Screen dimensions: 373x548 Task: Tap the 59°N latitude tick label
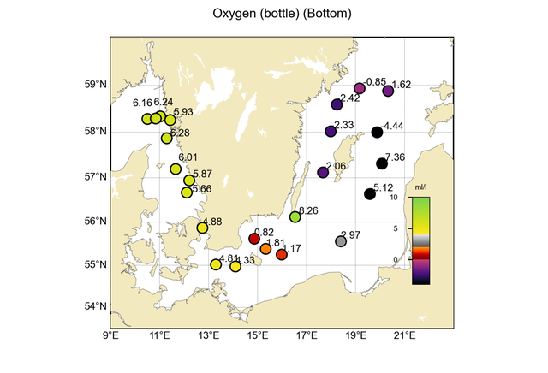point(95,85)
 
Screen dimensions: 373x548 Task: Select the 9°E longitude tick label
point(110,335)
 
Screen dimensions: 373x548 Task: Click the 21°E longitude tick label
point(405,335)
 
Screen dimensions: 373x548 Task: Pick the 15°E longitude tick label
point(258,335)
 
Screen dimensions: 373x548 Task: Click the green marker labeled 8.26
point(295,217)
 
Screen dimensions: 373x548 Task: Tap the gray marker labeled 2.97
point(341,241)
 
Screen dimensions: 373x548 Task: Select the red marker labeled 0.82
point(253,239)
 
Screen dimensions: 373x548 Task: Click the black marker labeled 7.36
point(382,163)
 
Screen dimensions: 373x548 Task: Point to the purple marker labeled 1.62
point(388,91)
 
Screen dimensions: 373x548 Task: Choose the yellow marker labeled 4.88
point(202,228)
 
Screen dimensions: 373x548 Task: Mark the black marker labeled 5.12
point(370,194)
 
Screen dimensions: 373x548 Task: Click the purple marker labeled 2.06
point(323,173)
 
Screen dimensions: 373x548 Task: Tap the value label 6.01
point(188,157)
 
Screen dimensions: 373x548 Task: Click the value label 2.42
point(349,98)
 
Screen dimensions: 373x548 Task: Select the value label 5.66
point(202,189)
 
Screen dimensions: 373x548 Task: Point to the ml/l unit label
point(420,186)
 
